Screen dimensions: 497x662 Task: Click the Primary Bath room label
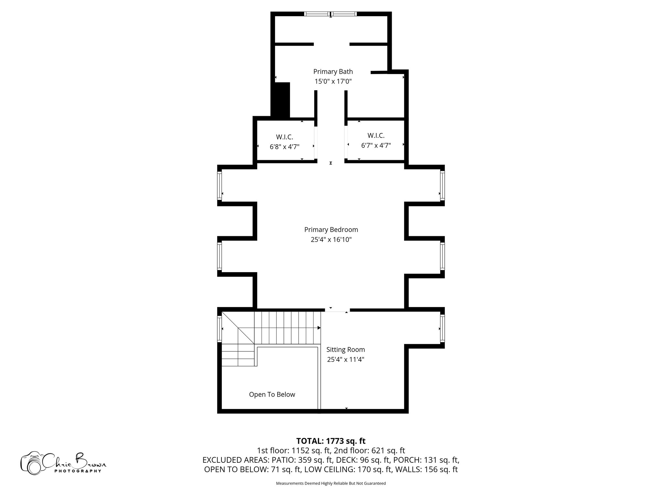[333, 72]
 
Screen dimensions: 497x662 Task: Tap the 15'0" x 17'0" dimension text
[333, 81]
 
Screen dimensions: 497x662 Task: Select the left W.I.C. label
[284, 137]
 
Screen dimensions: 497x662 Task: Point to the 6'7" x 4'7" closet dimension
[376, 146]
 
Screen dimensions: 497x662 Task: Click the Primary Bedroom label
[331, 230]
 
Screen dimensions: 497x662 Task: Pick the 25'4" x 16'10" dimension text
[331, 240]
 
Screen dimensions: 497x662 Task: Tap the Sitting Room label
[346, 349]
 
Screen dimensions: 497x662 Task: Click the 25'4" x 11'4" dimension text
[346, 359]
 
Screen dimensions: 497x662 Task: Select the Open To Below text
[272, 394]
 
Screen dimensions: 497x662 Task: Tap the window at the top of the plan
[330, 14]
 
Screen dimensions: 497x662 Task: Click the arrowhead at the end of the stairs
[319, 328]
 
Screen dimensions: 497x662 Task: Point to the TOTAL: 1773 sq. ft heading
[331, 441]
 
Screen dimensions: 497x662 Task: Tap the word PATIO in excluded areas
[283, 460]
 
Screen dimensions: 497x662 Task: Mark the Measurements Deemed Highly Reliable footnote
[331, 483]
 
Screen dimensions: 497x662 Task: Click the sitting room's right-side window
[442, 329]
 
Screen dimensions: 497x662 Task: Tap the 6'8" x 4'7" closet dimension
[284, 147]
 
